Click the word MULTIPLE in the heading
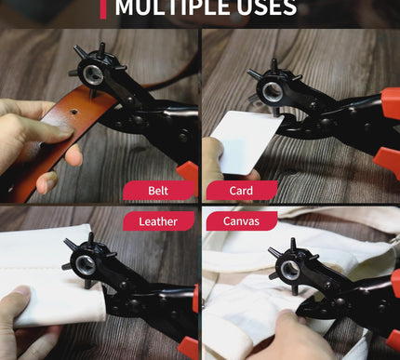(x=173, y=8)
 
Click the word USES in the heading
(x=266, y=8)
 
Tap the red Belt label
(x=157, y=192)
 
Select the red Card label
(x=241, y=192)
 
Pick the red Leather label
(x=157, y=221)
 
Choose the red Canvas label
(x=241, y=221)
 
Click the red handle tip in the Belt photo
(x=189, y=172)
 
